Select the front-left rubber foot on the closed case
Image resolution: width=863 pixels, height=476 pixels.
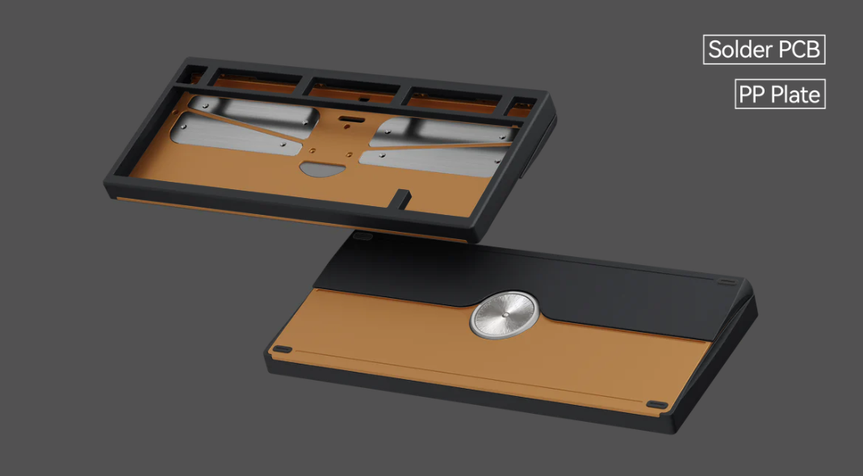(x=282, y=349)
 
